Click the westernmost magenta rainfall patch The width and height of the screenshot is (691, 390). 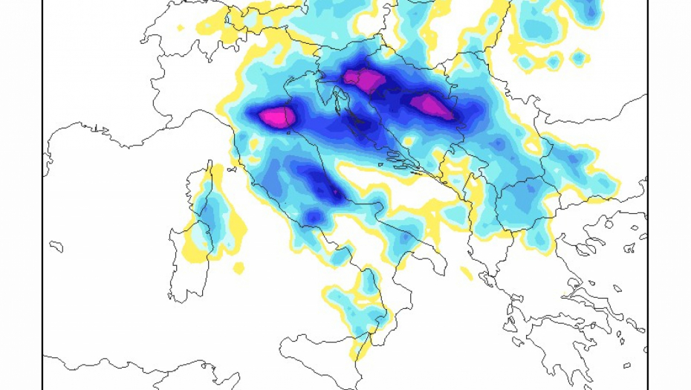click(x=276, y=117)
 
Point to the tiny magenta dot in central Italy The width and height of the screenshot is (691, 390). click(x=335, y=192)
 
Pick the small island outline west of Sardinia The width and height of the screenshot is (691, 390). click(x=56, y=246)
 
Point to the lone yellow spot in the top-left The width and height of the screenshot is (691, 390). click(x=181, y=28)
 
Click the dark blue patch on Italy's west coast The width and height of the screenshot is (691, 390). click(x=314, y=217)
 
